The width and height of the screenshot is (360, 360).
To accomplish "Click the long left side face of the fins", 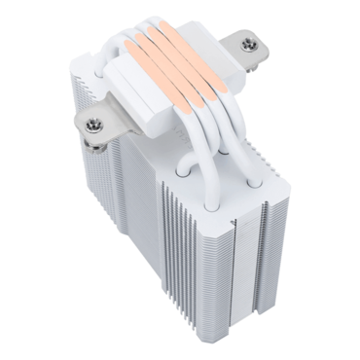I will (x=136, y=253).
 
